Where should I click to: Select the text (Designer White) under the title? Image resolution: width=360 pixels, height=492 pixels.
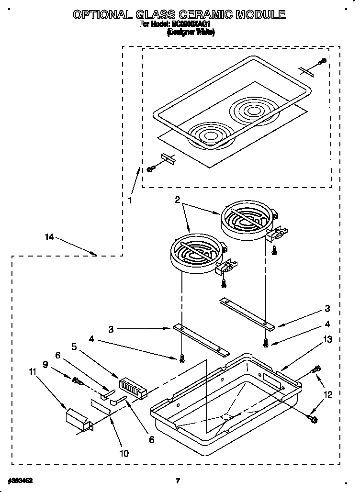191,33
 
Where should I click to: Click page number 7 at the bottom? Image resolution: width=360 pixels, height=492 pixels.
177,481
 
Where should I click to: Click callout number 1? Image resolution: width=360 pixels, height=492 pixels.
130,201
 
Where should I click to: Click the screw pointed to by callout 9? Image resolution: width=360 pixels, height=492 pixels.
78,381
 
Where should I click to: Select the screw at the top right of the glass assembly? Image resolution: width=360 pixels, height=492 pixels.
322,62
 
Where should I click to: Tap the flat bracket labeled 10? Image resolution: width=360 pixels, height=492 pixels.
105,406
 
